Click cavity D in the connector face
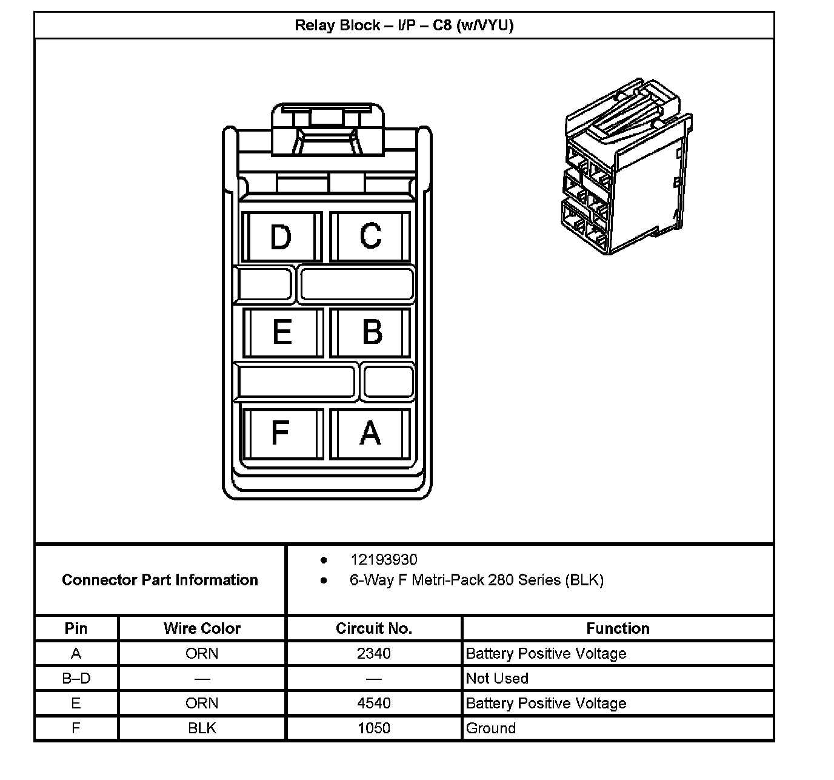[x=281, y=237]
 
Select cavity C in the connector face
[x=370, y=237]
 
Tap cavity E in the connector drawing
[x=282, y=332]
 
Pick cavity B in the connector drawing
[x=371, y=332]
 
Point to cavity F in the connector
[x=281, y=433]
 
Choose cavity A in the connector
[x=370, y=433]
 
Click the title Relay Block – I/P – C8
[x=404, y=25]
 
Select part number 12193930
[x=384, y=560]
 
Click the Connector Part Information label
[x=160, y=580]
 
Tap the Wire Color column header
[x=202, y=628]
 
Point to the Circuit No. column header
[x=374, y=628]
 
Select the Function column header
[x=618, y=628]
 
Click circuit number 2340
[x=374, y=653]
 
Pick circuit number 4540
[x=374, y=703]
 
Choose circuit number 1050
[x=374, y=728]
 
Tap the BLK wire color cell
[x=202, y=728]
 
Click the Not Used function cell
[x=497, y=678]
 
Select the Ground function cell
[x=491, y=728]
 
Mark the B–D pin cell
[x=76, y=678]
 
